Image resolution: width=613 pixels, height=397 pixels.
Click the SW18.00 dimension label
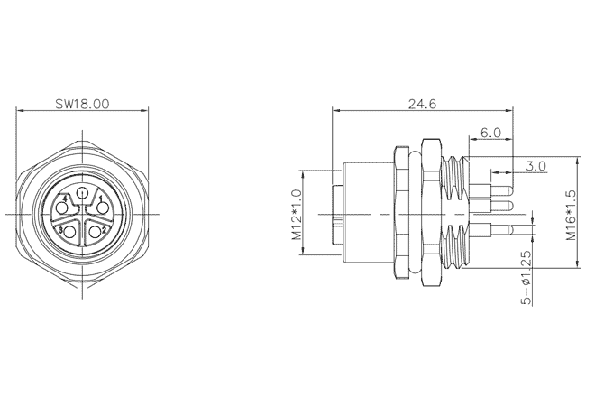[x=82, y=104]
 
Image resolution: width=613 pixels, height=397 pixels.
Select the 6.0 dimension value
[x=490, y=133]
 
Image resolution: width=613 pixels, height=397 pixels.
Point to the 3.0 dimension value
[x=535, y=166]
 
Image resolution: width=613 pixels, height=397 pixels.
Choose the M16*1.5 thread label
[x=572, y=215]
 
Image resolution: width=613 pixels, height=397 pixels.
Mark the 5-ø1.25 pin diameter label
[x=526, y=277]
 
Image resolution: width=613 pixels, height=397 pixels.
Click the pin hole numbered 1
[x=102, y=208]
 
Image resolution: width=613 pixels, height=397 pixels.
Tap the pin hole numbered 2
[x=95, y=232]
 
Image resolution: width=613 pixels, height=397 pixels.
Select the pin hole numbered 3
[x=70, y=232]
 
